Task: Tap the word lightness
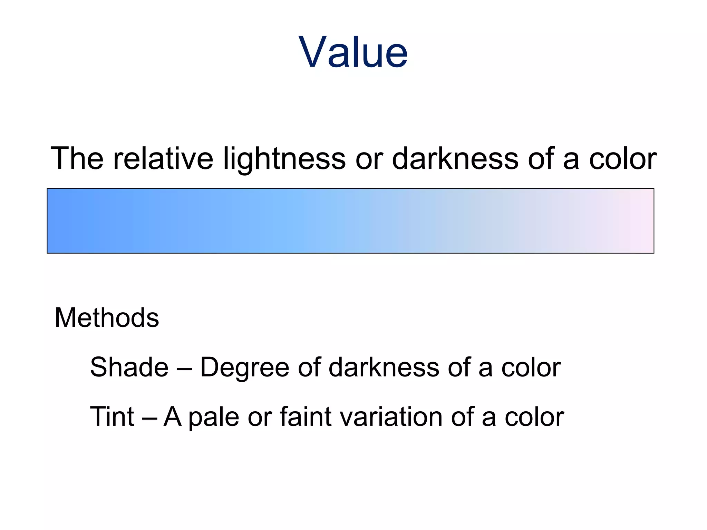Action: coord(284,158)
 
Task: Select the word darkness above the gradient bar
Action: coord(455,158)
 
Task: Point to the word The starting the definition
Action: coord(77,158)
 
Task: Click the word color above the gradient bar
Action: coord(622,158)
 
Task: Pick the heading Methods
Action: coord(107,317)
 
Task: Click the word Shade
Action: coord(129,367)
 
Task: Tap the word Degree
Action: coord(244,367)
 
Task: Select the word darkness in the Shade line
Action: coord(384,367)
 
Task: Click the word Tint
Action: coord(112,416)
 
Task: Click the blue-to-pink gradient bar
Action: coord(350,221)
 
